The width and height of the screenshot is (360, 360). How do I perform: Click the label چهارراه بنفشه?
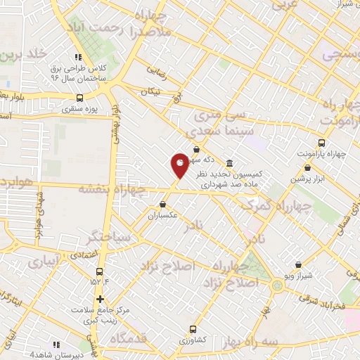click(112, 188)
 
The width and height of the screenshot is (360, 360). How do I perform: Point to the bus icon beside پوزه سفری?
click(79, 98)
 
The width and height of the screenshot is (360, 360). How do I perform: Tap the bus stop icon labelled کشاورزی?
click(195, 328)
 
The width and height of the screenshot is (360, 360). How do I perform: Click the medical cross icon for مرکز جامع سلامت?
click(100, 299)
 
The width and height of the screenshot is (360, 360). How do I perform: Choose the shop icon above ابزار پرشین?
click(308, 167)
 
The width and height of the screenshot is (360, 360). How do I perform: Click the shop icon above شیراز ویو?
click(300, 265)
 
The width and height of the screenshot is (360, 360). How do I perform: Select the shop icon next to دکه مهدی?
click(196, 149)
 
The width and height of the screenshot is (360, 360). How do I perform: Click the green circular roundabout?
click(277, 285)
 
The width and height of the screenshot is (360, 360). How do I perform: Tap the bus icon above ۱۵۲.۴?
click(99, 271)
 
